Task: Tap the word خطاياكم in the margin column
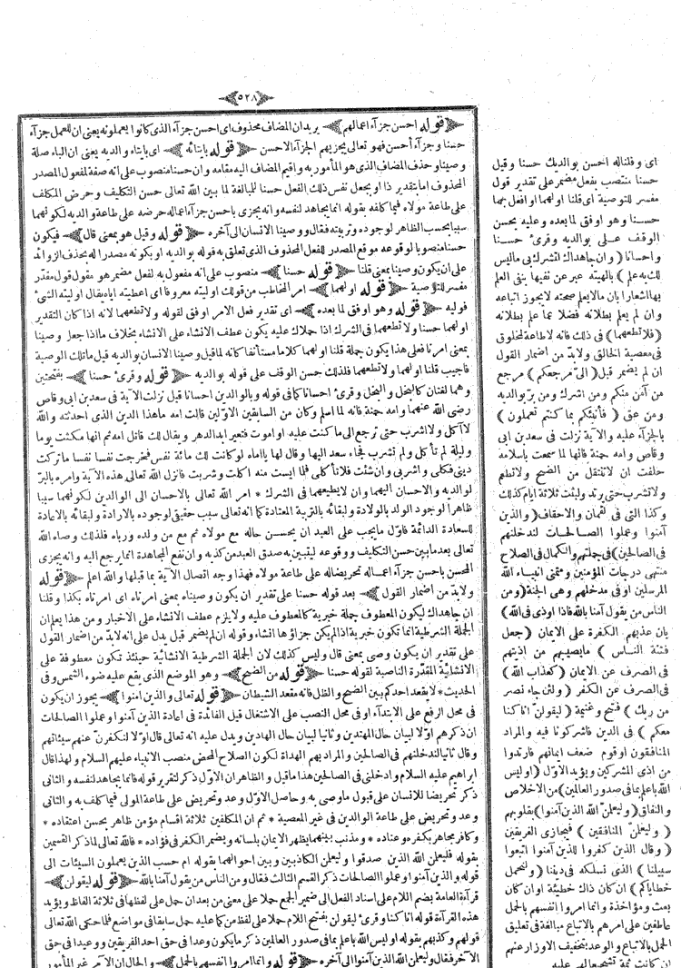coord(636,883)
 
